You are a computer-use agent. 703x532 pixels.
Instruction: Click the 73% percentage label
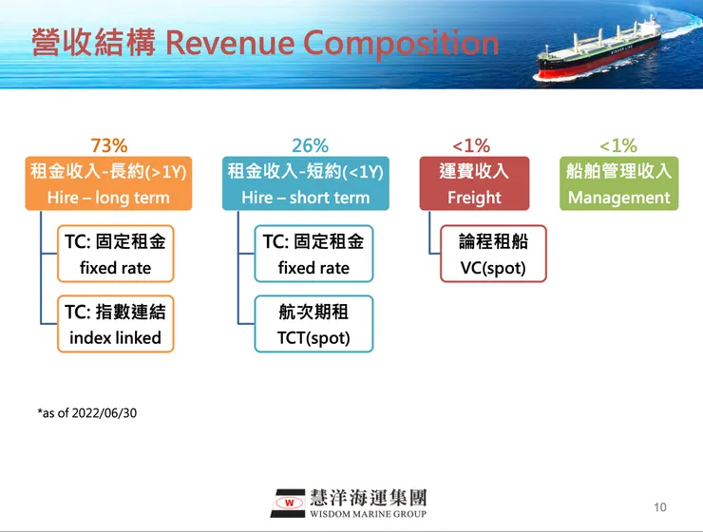click(x=109, y=145)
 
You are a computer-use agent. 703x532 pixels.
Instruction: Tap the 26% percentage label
click(x=310, y=145)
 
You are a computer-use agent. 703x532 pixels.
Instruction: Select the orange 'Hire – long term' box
click(x=108, y=184)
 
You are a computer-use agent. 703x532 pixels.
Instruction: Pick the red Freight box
click(x=474, y=184)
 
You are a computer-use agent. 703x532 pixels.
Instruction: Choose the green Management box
click(x=618, y=184)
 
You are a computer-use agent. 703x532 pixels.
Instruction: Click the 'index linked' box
click(x=116, y=324)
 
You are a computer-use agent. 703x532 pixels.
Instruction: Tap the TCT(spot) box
click(x=313, y=324)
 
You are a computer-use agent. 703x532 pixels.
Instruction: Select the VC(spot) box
click(x=493, y=255)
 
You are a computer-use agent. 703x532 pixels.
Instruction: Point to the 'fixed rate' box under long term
click(x=116, y=255)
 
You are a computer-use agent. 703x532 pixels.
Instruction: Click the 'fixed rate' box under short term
click(x=313, y=255)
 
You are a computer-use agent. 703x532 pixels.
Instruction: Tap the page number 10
click(x=661, y=506)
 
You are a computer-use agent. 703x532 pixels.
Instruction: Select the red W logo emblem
click(x=287, y=503)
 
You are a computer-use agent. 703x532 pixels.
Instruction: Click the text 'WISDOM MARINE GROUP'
click(x=368, y=514)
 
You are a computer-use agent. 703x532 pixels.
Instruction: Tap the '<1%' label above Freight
click(x=471, y=145)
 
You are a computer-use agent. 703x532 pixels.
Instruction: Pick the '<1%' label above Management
click(x=618, y=145)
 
